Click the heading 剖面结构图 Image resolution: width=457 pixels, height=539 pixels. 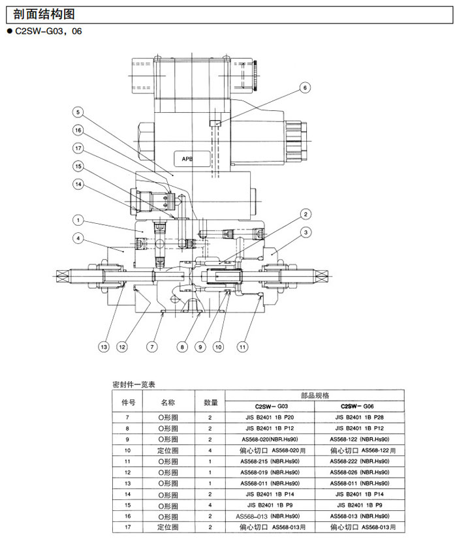[40, 14]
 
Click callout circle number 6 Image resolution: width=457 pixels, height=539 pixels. [306, 87]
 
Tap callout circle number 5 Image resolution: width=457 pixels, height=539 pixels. [77, 112]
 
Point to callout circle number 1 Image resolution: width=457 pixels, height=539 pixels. [77, 220]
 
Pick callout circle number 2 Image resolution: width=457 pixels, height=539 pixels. [305, 214]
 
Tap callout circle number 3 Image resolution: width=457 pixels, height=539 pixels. [305, 232]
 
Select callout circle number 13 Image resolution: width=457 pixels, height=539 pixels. [103, 346]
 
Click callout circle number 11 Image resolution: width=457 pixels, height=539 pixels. [243, 346]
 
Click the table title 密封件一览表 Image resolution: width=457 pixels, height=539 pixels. [134, 385]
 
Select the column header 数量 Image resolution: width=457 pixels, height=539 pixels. [210, 403]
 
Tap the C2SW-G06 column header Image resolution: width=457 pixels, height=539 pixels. [360, 405]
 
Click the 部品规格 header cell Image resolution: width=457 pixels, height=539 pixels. [315, 395]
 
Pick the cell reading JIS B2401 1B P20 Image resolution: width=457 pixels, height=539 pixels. [270, 416]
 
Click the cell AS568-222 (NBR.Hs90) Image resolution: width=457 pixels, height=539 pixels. [360, 461]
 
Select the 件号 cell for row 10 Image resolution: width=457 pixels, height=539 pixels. [127, 450]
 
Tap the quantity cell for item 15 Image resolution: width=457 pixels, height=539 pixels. [210, 505]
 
